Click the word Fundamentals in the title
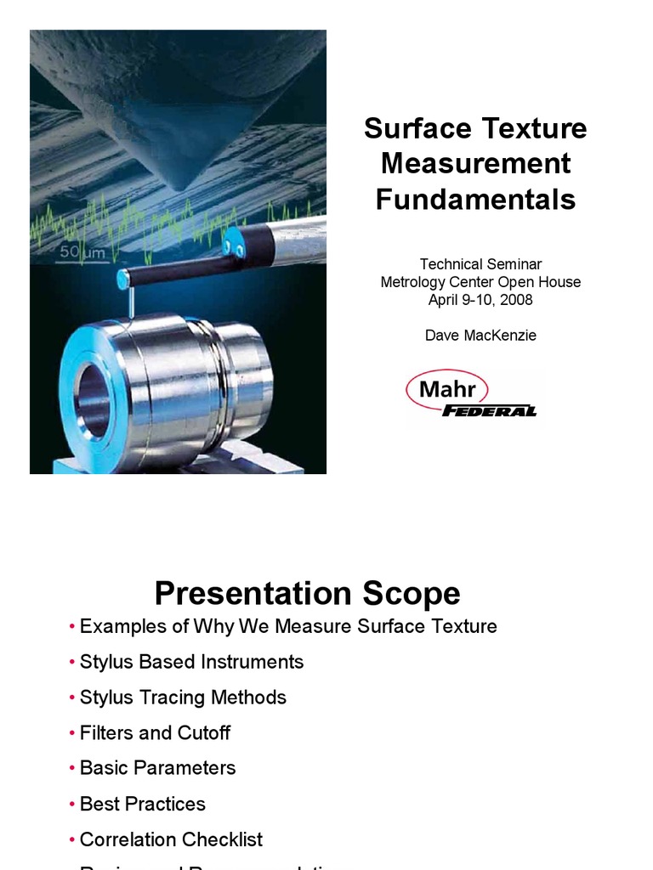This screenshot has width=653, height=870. click(475, 200)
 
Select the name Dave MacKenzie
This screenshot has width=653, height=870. click(480, 336)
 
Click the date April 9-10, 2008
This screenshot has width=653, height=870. click(480, 299)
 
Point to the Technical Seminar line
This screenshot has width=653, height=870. click(480, 264)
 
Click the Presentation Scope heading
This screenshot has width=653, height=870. click(307, 593)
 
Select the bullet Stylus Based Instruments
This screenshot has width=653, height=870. click(191, 662)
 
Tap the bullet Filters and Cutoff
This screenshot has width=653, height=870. click(155, 732)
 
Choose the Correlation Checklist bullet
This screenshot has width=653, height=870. click(171, 839)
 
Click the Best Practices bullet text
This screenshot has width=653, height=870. click(142, 804)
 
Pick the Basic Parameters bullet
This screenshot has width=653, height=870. click(157, 768)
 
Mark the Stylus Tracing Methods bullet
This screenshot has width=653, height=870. click(183, 698)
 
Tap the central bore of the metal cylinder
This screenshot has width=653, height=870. click(92, 400)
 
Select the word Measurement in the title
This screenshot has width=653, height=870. click(475, 164)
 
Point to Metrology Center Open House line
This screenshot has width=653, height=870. click(480, 282)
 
